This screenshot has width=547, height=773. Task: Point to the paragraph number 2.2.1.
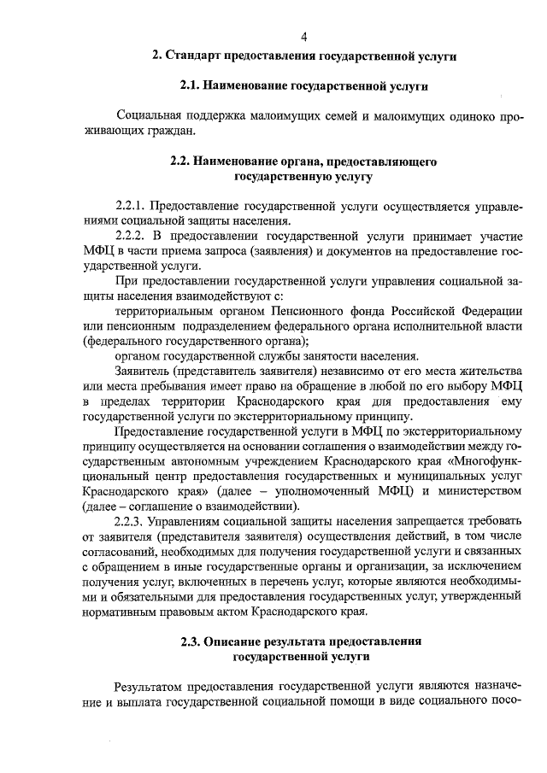tap(132, 207)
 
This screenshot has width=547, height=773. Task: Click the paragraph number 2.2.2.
tap(132, 236)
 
